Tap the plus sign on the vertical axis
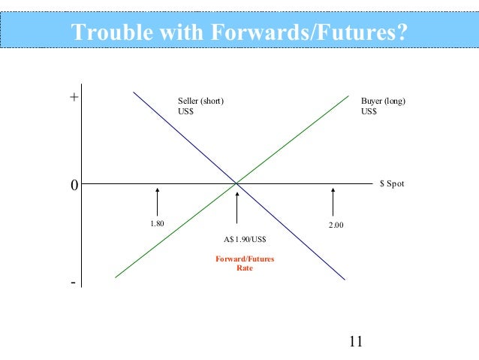[74, 98]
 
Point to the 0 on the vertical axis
[74, 184]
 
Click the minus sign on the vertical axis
[73, 283]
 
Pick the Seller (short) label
[200, 101]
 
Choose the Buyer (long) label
[383, 101]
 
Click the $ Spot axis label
[392, 183]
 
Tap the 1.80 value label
[157, 224]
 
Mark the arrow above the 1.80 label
[158, 201]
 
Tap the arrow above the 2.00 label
[333, 201]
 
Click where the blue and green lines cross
[236, 183]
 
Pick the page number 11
[356, 343]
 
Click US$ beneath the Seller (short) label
[186, 111]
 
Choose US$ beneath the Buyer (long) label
[369, 111]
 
